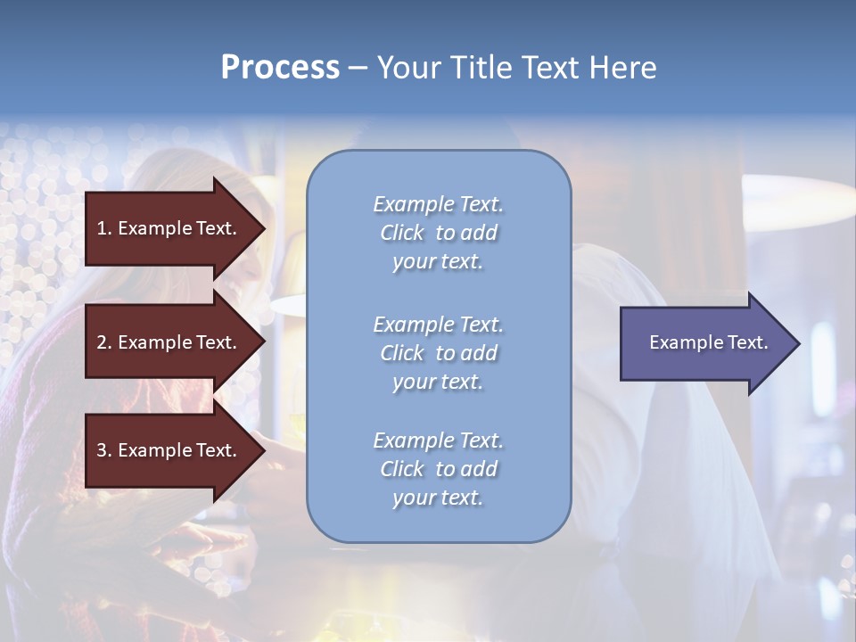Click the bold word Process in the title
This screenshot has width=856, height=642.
[x=280, y=68]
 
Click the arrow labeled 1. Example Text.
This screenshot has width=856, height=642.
[x=169, y=228]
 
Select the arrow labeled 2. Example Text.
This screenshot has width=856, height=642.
[x=169, y=342]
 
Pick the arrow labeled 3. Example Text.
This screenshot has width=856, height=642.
[x=169, y=450]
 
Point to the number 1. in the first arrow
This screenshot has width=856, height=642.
[x=104, y=228]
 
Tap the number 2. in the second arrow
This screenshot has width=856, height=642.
[x=104, y=342]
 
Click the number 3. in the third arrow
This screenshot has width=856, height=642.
[x=104, y=450]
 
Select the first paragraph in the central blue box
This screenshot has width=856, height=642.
[x=438, y=233]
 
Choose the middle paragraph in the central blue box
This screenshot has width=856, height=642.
[x=438, y=353]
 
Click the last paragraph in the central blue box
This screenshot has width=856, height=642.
[x=438, y=469]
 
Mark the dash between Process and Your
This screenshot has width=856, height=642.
[x=358, y=68]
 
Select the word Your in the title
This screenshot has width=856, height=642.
[x=401, y=68]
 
